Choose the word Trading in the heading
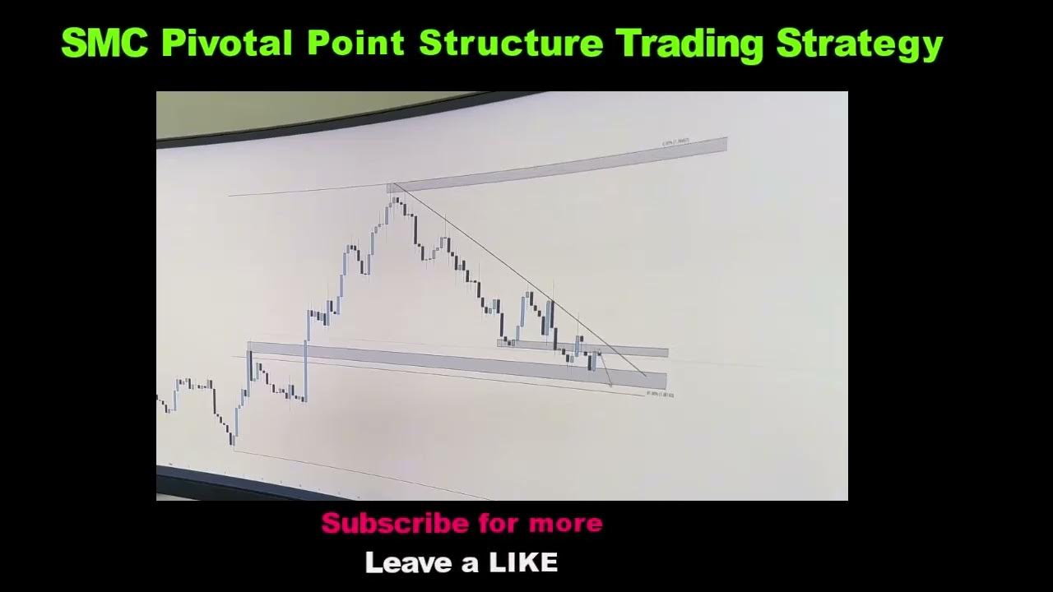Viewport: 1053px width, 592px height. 689,44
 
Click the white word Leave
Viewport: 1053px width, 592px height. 407,563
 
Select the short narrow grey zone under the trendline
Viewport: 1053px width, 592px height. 582,348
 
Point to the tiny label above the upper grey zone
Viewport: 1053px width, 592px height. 675,142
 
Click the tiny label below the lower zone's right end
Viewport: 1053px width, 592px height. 661,395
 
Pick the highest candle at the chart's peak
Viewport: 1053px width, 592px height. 396,200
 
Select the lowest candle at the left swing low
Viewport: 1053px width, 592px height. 234,436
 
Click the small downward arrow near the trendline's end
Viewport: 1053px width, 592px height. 608,379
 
